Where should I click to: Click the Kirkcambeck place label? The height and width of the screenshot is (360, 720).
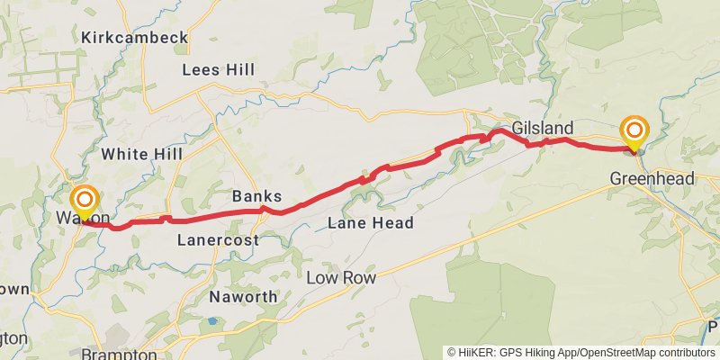134,38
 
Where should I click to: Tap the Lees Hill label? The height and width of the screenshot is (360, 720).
218,69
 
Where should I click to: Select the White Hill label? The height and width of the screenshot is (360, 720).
141,154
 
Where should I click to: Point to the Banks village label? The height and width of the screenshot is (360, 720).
256,196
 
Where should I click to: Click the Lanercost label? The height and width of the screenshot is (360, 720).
218,240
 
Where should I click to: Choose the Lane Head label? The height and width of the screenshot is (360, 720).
370,222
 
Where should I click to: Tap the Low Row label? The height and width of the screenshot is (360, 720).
340,278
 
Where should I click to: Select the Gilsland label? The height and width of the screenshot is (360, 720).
543,128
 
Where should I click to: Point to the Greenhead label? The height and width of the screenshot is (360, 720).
652,179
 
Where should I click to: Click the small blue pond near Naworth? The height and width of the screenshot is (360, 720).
212,319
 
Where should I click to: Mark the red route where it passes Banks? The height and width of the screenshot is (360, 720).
263,211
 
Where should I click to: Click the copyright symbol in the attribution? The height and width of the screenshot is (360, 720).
451,353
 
